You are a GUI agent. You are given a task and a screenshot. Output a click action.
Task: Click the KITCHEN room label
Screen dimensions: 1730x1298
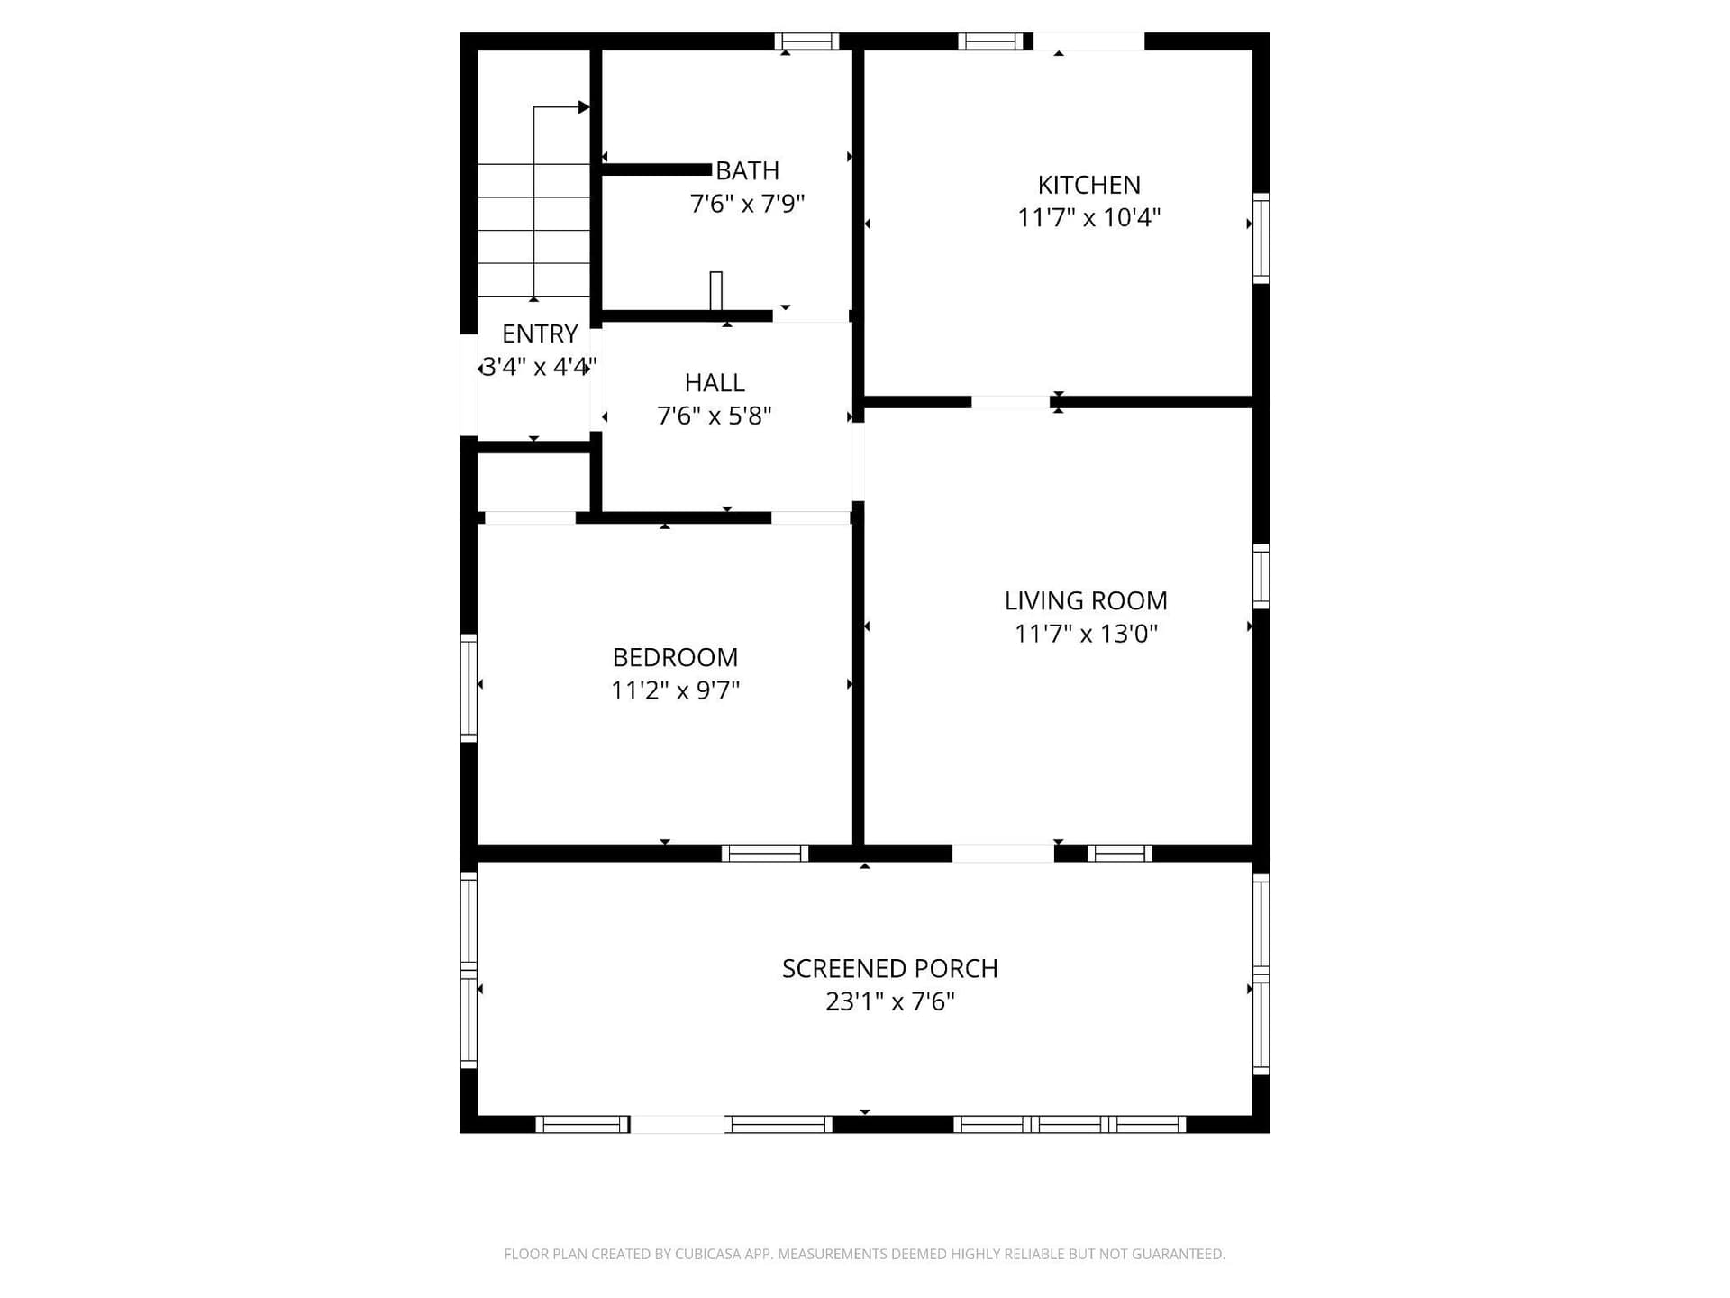point(1088,185)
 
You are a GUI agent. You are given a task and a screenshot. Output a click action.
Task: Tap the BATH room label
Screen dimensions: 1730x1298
point(747,170)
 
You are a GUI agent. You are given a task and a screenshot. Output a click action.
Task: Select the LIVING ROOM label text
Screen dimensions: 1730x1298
point(1086,600)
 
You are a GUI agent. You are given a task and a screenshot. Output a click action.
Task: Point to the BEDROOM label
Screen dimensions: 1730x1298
point(675,657)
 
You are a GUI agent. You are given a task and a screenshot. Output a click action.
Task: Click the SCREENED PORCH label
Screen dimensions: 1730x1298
point(890,968)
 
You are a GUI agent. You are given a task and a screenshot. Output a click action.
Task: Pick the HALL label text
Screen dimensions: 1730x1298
point(715,383)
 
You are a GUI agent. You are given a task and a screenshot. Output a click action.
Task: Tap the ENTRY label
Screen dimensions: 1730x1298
point(540,334)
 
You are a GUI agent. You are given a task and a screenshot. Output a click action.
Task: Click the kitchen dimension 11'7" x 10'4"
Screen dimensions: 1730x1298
point(1088,217)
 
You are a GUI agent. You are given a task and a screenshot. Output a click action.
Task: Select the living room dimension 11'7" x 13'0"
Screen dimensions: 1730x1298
point(1086,634)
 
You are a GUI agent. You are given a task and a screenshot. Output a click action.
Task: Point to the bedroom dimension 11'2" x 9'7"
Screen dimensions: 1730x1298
point(675,690)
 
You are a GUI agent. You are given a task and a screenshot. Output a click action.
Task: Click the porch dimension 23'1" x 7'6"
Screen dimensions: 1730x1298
point(890,1001)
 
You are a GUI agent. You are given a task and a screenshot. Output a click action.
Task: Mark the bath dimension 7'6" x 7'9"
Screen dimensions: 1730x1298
point(747,204)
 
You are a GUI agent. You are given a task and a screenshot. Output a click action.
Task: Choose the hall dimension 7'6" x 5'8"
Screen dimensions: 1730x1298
point(715,416)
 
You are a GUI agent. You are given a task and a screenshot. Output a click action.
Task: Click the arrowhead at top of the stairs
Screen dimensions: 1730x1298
point(584,107)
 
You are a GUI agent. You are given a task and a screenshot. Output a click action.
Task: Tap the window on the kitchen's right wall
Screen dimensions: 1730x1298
point(1261,238)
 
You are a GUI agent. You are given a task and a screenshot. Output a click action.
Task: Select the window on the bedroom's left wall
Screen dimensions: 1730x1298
point(469,688)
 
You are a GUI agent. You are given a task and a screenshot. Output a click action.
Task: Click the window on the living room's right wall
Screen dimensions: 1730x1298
point(1261,576)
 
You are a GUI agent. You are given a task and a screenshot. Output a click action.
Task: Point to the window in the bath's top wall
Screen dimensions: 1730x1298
point(806,41)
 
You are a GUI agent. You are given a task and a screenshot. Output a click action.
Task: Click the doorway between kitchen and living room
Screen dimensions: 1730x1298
point(1010,402)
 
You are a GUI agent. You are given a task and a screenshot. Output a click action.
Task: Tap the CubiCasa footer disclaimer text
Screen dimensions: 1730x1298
point(864,1254)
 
